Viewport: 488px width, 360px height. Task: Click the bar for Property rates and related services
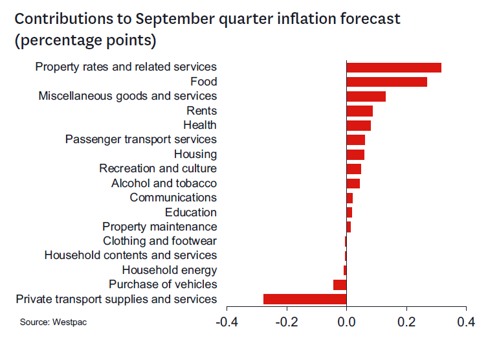click(394, 67)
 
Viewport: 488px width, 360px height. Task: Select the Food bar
click(386, 82)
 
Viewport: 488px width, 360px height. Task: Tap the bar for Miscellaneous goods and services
click(366, 96)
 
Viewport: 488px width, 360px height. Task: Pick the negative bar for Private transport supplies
click(305, 299)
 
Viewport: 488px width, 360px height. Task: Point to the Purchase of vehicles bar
click(340, 285)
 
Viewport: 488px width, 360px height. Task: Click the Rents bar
click(359, 111)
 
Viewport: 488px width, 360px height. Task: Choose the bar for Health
click(359, 125)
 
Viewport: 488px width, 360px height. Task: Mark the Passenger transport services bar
click(355, 140)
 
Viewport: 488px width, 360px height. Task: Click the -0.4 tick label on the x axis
click(227, 322)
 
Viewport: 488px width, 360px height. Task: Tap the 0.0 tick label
click(346, 322)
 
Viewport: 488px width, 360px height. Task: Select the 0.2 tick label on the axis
click(406, 322)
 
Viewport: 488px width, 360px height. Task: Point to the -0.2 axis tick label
click(286, 322)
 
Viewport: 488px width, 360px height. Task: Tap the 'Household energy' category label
click(170, 270)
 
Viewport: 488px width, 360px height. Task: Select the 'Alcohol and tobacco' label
click(164, 183)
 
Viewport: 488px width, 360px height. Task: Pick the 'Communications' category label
click(173, 197)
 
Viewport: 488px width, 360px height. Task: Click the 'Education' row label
click(191, 212)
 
